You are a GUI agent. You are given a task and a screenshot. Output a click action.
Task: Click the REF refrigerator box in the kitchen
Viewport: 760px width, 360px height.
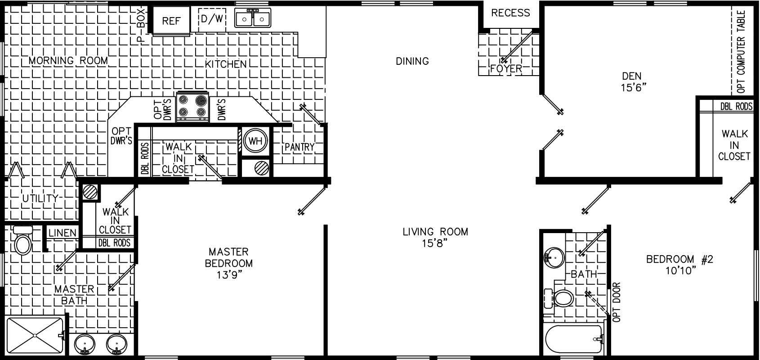click(x=171, y=21)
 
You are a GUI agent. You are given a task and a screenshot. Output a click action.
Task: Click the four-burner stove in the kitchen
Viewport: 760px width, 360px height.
click(x=193, y=107)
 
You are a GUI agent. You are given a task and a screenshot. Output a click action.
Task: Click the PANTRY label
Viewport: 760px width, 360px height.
click(x=299, y=147)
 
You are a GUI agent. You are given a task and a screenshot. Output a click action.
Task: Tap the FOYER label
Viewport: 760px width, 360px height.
click(x=506, y=69)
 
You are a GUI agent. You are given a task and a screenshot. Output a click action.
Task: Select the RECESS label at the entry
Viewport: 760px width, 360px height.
click(x=510, y=13)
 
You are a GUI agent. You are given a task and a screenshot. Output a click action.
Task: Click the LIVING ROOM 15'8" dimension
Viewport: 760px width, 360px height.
click(x=435, y=243)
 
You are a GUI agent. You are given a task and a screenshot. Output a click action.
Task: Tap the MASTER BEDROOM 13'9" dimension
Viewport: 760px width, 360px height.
click(x=228, y=275)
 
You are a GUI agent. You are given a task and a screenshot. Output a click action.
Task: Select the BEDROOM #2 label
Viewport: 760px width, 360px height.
click(x=680, y=260)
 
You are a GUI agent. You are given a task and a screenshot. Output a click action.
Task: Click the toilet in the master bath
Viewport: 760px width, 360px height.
click(x=22, y=240)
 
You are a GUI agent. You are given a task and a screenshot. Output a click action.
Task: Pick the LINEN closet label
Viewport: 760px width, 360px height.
click(x=63, y=233)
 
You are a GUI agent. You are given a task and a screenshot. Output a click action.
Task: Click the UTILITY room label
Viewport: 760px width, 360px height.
click(x=40, y=198)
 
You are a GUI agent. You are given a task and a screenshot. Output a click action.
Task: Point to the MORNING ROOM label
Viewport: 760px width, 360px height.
click(x=69, y=61)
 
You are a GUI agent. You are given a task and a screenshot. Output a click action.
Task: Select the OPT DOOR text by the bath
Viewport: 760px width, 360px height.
click(x=616, y=301)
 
